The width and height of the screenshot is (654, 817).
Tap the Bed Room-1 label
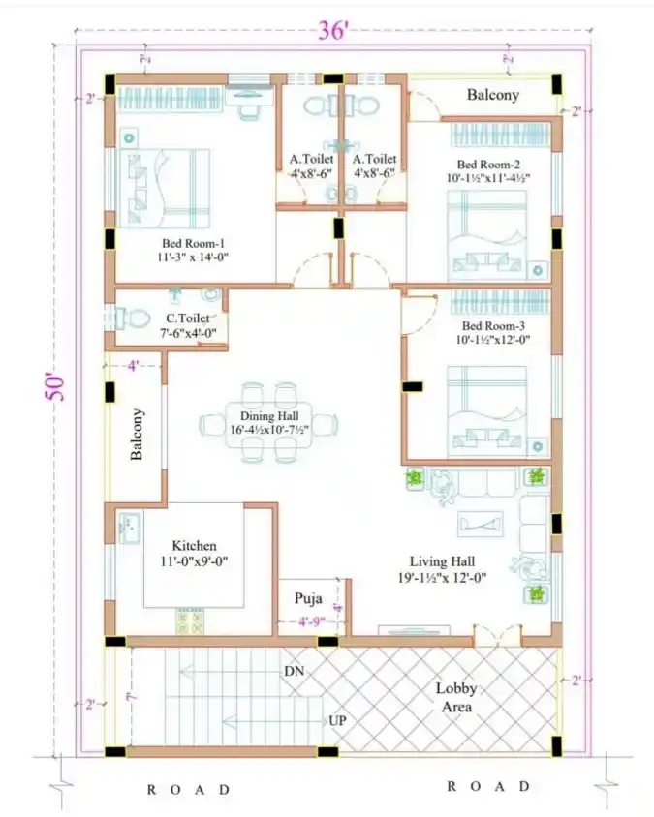click(x=194, y=250)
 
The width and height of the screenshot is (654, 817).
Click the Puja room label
click(x=308, y=598)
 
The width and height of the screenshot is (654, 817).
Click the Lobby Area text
click(x=455, y=698)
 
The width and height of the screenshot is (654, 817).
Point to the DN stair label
click(x=295, y=671)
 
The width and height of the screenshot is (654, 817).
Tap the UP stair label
click(x=337, y=721)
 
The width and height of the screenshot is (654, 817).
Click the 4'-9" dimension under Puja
click(x=314, y=621)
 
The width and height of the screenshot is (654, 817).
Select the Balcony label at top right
click(x=493, y=95)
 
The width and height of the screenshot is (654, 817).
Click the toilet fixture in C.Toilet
click(x=131, y=318)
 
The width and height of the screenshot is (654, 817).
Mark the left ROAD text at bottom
click(x=189, y=788)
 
